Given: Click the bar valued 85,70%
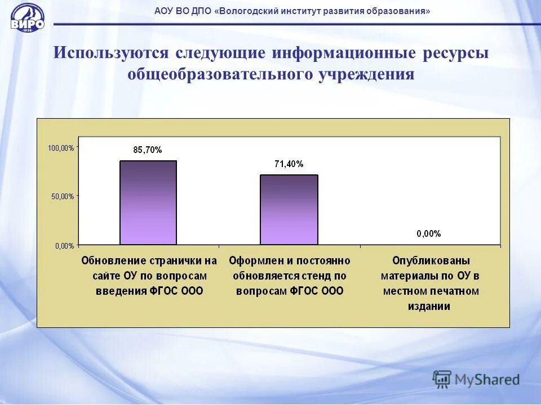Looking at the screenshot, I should pyautogui.click(x=148, y=202).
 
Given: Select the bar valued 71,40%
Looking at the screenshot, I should pyautogui.click(x=289, y=209).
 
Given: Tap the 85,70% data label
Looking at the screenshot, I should pyautogui.click(x=148, y=150).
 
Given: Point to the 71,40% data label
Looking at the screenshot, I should pyautogui.click(x=289, y=164).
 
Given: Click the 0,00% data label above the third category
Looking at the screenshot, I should pyautogui.click(x=429, y=234).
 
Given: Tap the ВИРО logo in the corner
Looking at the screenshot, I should pyautogui.click(x=26, y=18).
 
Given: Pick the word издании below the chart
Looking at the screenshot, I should pyautogui.click(x=431, y=307).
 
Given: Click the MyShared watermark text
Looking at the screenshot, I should pyautogui.click(x=487, y=380).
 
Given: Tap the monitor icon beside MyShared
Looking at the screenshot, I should pyautogui.click(x=442, y=379).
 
